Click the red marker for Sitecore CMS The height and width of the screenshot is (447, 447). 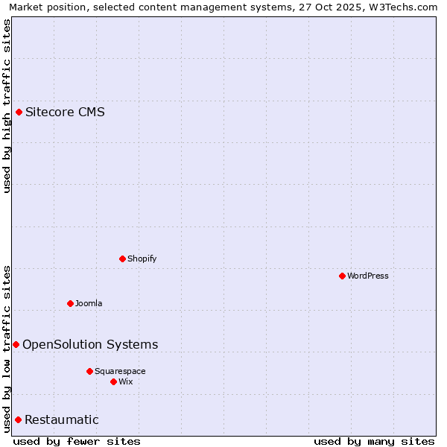19,112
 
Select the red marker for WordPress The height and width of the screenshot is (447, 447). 342,276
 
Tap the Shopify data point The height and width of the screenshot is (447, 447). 122,259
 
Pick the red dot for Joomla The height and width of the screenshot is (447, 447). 70,303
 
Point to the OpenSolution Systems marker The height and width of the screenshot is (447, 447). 16,344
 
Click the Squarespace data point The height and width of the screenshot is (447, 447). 89,371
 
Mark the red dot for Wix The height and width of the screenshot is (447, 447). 113,381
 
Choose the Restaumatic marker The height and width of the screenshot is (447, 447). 18,419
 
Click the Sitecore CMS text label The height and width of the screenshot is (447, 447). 65,112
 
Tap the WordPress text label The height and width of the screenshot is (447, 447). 368,276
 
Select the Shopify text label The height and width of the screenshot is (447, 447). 142,259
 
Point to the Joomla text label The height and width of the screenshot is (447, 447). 89,303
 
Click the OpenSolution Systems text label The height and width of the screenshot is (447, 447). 90,344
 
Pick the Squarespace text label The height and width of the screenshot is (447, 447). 120,371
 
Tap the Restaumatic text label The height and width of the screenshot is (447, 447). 62,419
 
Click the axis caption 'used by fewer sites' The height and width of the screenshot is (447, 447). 77,441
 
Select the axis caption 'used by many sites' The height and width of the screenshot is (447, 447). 374,441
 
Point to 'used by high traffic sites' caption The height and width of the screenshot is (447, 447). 7,106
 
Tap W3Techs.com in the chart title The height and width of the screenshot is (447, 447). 402,7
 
